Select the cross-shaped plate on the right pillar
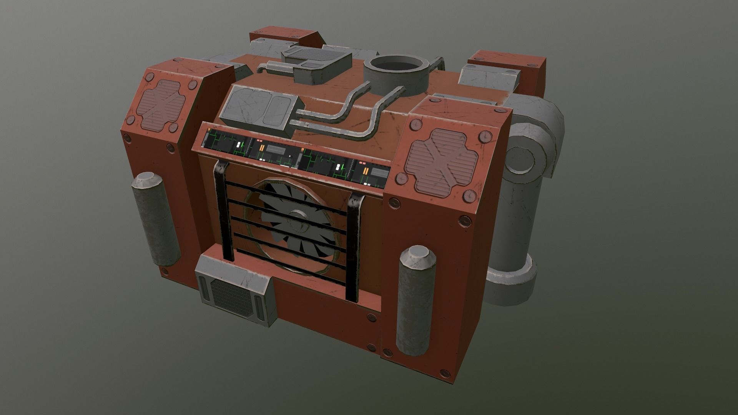click(442, 161)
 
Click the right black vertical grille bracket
click(354, 246)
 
